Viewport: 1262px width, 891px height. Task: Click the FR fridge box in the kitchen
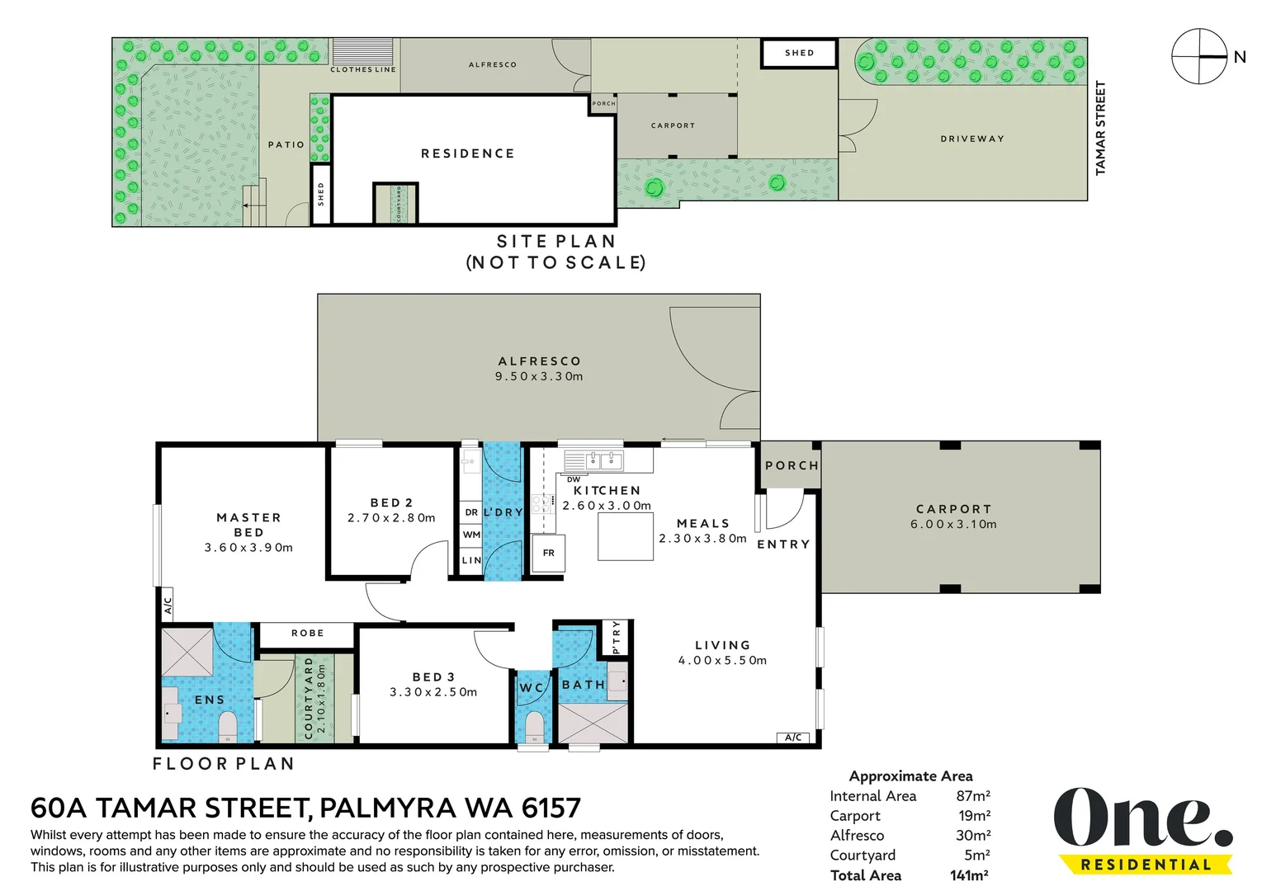coord(548,553)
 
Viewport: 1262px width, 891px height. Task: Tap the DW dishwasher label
coord(573,480)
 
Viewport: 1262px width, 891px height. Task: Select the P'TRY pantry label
coord(616,638)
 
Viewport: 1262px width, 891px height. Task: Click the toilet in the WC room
coord(533,726)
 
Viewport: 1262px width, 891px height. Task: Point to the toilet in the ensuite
coord(228,727)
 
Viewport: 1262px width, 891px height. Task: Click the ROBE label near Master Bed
coord(308,633)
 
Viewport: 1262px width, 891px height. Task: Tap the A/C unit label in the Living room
coord(792,738)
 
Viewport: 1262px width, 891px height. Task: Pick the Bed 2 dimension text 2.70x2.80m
coord(391,517)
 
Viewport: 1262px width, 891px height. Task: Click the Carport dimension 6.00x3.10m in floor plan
coord(953,525)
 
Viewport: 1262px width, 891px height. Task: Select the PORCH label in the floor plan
coord(792,466)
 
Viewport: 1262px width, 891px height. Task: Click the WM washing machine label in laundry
coord(471,535)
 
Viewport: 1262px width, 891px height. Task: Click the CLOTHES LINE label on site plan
coord(363,70)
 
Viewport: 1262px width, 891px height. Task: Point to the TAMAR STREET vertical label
coord(1100,128)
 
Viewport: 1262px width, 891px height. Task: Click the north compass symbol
coord(1199,56)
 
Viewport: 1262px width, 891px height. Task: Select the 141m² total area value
coord(969,875)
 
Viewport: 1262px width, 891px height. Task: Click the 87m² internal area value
coord(973,796)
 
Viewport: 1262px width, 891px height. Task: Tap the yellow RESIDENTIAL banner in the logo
coord(1146,865)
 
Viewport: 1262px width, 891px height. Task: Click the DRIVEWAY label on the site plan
coord(972,139)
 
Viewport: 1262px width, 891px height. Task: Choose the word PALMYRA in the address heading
coord(388,808)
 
